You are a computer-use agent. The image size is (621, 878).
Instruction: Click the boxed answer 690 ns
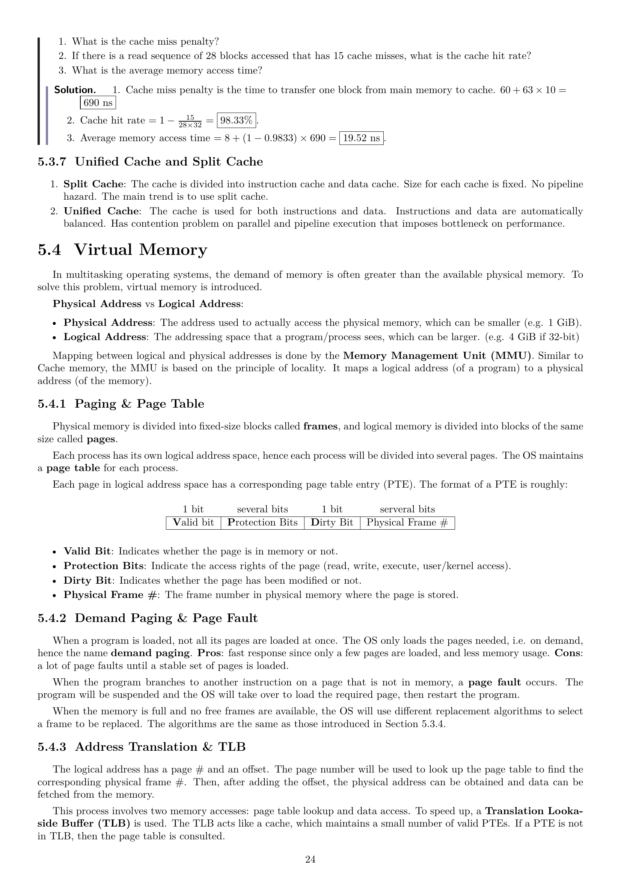(x=98, y=103)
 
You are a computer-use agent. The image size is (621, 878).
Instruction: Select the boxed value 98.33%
(x=236, y=120)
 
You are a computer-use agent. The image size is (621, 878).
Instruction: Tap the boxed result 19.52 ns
(x=361, y=138)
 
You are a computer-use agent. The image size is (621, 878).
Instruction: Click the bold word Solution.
(x=75, y=90)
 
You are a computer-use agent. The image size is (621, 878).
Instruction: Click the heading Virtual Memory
(x=141, y=250)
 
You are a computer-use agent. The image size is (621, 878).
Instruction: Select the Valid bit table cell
(x=193, y=523)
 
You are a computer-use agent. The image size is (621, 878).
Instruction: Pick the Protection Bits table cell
(x=262, y=523)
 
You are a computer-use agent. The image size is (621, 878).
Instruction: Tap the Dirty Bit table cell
(x=332, y=523)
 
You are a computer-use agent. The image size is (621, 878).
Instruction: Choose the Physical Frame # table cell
(x=407, y=523)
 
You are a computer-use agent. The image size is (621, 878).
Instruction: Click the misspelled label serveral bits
(x=407, y=509)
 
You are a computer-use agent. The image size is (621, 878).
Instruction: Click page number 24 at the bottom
(x=310, y=860)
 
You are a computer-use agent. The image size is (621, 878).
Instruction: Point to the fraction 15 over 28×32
(x=190, y=121)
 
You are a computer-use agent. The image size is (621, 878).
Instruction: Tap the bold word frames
(x=320, y=426)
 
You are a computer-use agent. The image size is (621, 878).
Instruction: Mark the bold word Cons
(x=568, y=653)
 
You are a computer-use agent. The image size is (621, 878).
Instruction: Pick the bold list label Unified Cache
(x=101, y=211)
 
